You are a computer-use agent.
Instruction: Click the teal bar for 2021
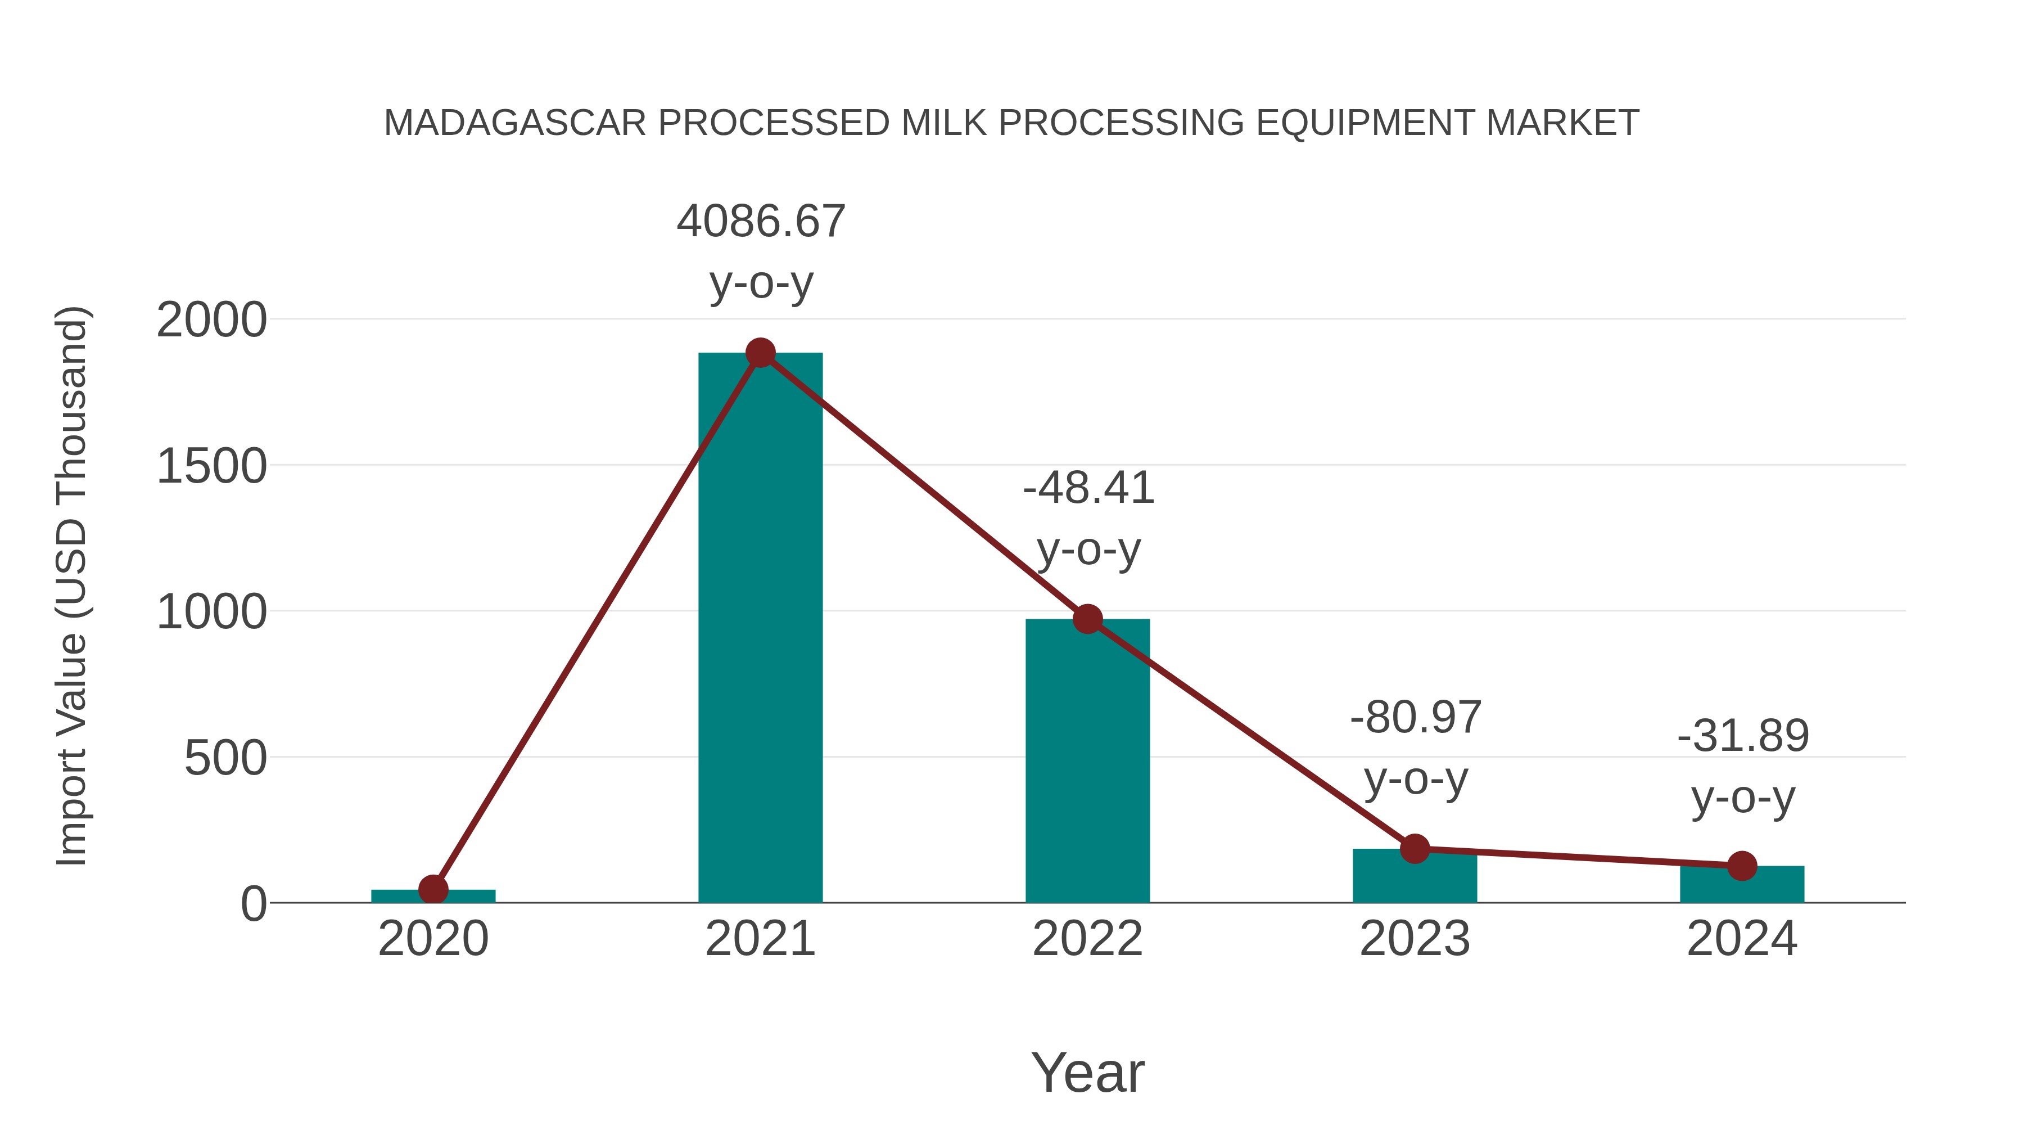point(760,629)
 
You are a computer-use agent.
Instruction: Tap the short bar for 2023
point(1415,876)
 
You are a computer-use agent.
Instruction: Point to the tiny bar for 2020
point(433,896)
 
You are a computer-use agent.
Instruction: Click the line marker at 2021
point(760,353)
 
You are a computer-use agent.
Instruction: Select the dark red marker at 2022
point(1087,619)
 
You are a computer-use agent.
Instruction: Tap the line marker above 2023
point(1415,849)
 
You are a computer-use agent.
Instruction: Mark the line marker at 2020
point(433,890)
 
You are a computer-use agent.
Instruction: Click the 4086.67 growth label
point(761,222)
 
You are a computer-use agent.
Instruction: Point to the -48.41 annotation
point(1088,488)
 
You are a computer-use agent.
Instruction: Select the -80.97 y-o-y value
point(1415,718)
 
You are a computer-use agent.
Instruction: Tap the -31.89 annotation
point(1743,736)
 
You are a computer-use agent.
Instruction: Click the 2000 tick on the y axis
point(211,321)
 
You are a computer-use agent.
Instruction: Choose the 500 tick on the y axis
point(225,759)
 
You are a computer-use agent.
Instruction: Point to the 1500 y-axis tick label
point(211,467)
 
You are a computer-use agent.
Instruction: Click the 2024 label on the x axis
point(1742,939)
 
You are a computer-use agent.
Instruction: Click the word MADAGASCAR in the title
point(514,123)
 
